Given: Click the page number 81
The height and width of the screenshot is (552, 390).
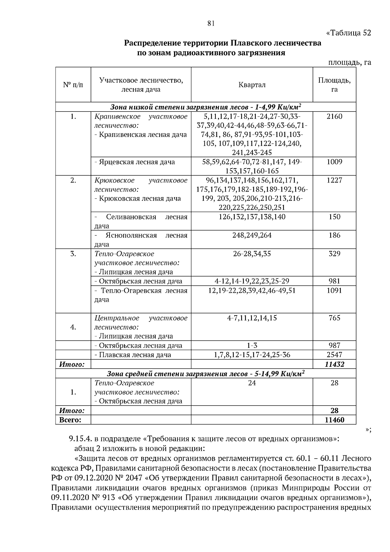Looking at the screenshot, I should point(211,23).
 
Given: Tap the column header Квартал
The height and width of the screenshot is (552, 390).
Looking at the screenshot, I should point(252,85).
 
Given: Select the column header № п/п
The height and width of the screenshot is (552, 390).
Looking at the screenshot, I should point(73,85).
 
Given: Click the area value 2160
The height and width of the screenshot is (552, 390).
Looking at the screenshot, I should point(334,116).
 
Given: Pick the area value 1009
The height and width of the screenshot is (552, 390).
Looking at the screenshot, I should point(334,162).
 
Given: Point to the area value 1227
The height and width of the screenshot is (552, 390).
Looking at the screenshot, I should point(334,180).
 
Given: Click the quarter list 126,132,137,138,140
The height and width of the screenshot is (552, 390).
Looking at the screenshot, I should point(252,217).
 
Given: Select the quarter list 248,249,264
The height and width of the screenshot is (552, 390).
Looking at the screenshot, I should point(252,235).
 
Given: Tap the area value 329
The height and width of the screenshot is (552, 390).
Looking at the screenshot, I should point(334,254).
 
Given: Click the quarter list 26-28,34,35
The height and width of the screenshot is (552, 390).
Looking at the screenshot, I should point(252,254).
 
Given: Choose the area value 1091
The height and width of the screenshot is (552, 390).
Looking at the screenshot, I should point(334,290).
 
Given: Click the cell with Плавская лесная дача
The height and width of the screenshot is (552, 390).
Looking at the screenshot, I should point(133,355).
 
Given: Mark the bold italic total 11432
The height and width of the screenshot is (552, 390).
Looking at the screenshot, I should point(334,364).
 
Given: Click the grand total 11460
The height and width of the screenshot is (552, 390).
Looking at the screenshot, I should point(334,420).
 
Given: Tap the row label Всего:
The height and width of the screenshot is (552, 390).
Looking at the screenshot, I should point(70,420).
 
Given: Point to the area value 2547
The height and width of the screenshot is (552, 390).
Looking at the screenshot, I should point(334,355).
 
